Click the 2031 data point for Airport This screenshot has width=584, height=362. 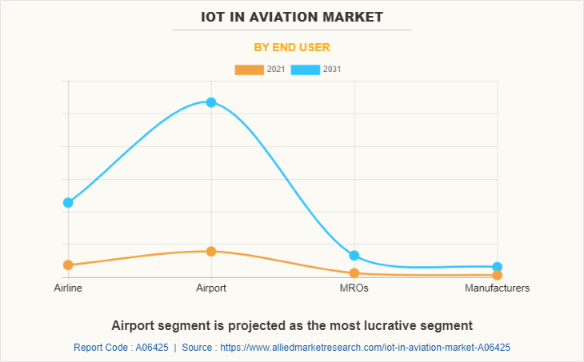click(211, 102)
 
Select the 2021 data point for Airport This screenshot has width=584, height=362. click(211, 252)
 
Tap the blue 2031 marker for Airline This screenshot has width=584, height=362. click(68, 203)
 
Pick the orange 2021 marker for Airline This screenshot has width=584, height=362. click(68, 265)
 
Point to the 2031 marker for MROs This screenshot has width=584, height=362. click(354, 256)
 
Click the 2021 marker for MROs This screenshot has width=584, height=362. click(354, 273)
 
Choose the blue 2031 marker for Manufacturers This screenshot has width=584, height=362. click(497, 267)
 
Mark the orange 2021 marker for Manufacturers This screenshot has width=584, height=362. click(497, 275)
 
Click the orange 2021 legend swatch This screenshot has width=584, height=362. click(249, 70)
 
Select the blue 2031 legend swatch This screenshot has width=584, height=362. click(305, 70)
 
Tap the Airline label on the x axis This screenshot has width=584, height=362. click(68, 288)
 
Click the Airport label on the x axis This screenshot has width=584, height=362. click(211, 288)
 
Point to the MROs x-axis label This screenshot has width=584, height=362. click(354, 288)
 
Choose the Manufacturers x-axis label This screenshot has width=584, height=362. click(497, 288)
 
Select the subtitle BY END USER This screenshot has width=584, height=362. click(292, 47)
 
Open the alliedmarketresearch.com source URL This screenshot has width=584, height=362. click(365, 348)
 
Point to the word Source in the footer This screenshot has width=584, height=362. click(198, 348)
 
